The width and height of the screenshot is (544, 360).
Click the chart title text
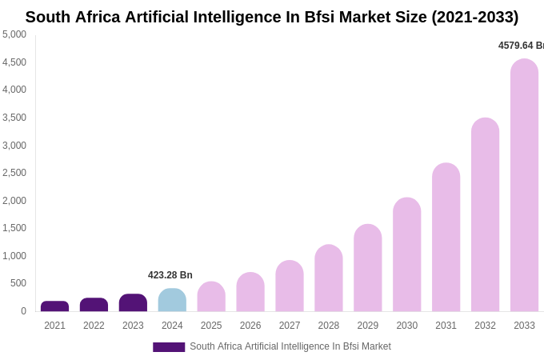272,17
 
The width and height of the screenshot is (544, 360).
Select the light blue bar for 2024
172,301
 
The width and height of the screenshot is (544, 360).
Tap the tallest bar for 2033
524,186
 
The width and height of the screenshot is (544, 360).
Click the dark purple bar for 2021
54,306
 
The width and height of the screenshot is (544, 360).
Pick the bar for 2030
406,254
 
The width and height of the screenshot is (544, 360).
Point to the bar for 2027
290,286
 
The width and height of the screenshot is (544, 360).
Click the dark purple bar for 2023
133,303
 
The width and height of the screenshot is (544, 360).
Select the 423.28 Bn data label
170,275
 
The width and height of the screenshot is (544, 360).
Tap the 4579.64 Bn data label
520,46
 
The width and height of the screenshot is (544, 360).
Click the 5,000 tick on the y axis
14,34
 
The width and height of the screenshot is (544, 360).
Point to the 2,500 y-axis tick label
14,173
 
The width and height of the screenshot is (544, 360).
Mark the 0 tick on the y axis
23,311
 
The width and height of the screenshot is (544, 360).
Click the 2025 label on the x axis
211,326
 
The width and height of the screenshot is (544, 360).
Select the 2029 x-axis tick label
368,326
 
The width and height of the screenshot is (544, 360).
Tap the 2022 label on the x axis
94,326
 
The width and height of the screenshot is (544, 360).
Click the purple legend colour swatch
169,347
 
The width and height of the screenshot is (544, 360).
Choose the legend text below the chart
290,346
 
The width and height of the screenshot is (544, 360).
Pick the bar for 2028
328,278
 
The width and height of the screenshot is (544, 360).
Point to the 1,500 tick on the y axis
14,228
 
